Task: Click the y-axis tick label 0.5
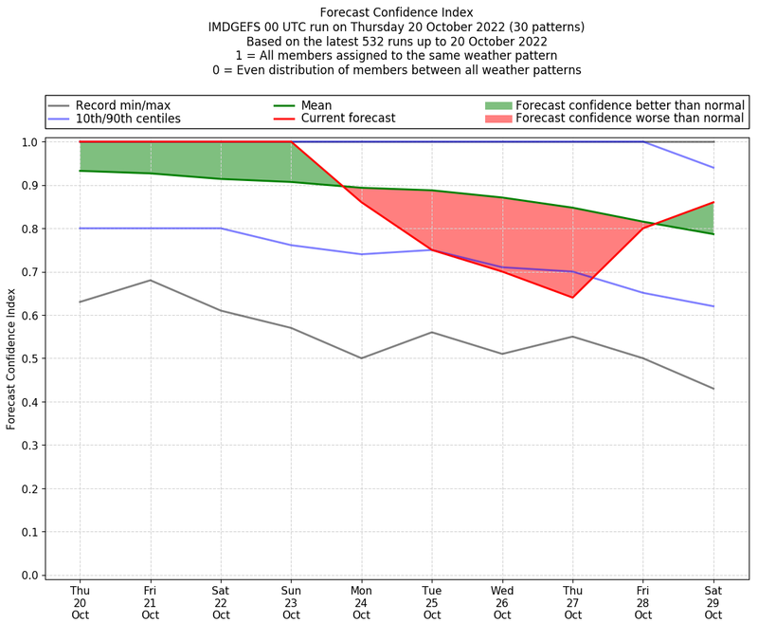pos(31,358)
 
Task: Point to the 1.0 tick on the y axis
pos(31,142)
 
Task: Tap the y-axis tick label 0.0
pos(31,576)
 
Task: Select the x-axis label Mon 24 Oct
pos(361,601)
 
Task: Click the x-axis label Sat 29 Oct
pos(713,601)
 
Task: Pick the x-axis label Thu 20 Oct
pos(81,601)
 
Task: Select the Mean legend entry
pos(313,105)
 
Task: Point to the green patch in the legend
pos(498,105)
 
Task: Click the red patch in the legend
pos(498,119)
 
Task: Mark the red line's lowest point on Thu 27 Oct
pos(572,298)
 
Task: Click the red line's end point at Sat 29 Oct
pos(713,202)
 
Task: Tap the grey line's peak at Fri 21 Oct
pos(150,280)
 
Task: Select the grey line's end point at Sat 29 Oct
pos(713,389)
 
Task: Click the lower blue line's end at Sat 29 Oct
pos(713,306)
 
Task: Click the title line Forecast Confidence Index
pos(397,12)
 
